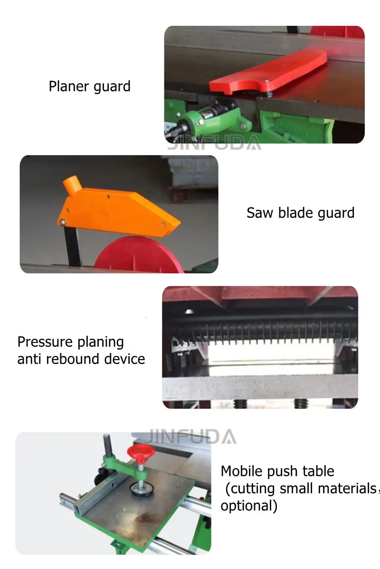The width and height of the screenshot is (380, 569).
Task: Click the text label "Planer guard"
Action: [89, 87]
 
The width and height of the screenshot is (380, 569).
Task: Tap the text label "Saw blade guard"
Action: [300, 213]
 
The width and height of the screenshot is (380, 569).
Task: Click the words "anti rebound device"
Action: [81, 359]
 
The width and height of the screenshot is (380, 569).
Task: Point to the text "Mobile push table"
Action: [277, 471]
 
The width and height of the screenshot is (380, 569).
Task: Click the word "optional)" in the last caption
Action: [249, 505]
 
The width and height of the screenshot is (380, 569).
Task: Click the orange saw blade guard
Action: [119, 209]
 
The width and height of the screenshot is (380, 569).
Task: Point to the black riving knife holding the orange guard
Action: [72, 247]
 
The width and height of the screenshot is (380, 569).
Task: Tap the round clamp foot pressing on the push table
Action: [141, 490]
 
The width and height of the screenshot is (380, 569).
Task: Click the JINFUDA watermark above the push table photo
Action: [190, 436]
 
